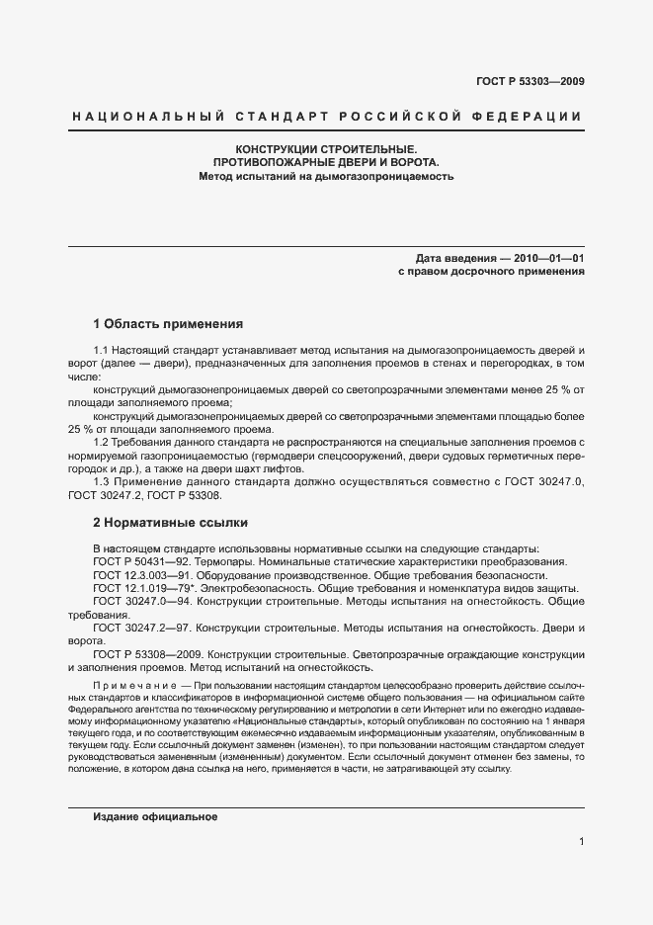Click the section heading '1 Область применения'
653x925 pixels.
click(168, 324)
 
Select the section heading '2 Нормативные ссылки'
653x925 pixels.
click(170, 522)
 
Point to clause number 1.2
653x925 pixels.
click(102, 442)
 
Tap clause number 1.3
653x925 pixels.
click(102, 480)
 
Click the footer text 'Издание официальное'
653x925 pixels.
click(155, 817)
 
